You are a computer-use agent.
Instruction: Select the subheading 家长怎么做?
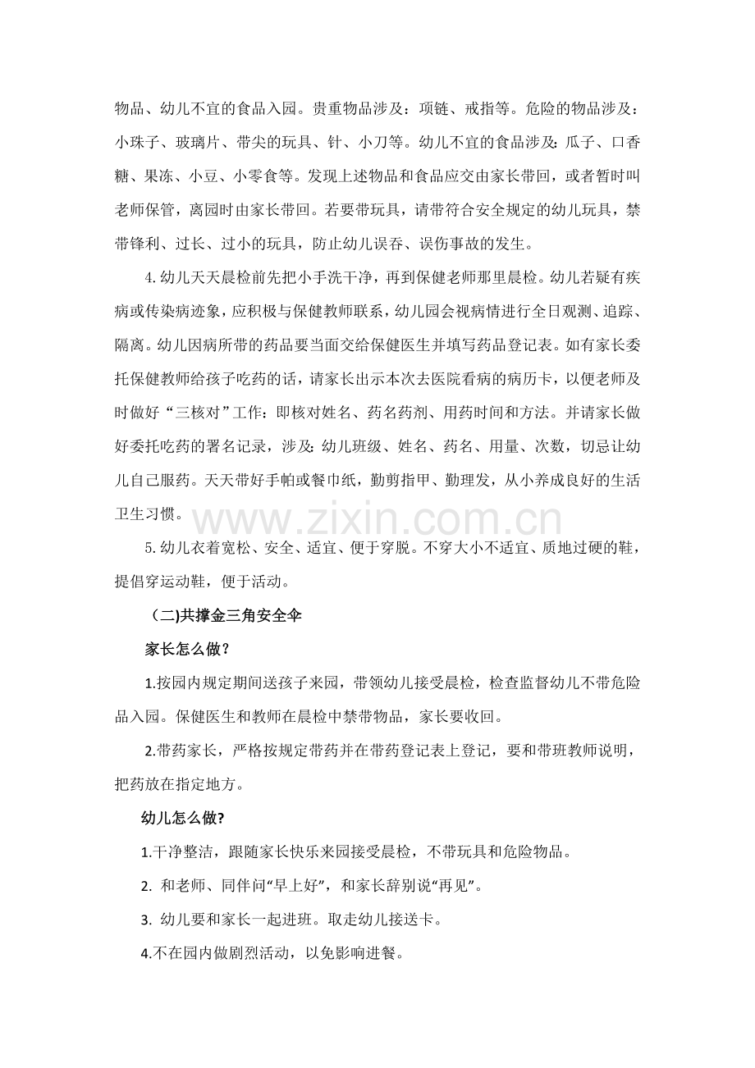[186, 649]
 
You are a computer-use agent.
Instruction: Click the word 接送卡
[411, 920]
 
